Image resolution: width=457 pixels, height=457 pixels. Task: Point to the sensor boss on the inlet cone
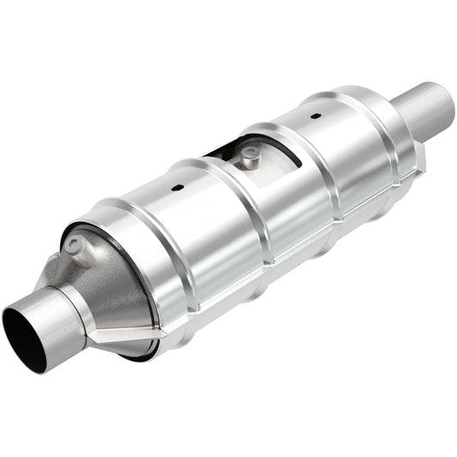pos(79,247)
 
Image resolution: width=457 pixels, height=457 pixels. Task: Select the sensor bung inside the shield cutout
pos(249,154)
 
